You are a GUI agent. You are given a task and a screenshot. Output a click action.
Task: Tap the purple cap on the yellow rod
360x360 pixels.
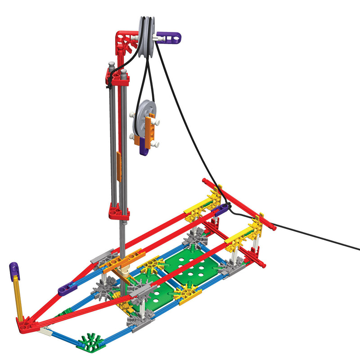(14, 270)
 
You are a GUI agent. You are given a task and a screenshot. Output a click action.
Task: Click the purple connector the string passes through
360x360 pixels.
(221, 209)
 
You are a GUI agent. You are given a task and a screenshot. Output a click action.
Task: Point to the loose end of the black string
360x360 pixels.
(358, 249)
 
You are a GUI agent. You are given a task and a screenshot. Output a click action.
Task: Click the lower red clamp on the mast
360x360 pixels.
(118, 210)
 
